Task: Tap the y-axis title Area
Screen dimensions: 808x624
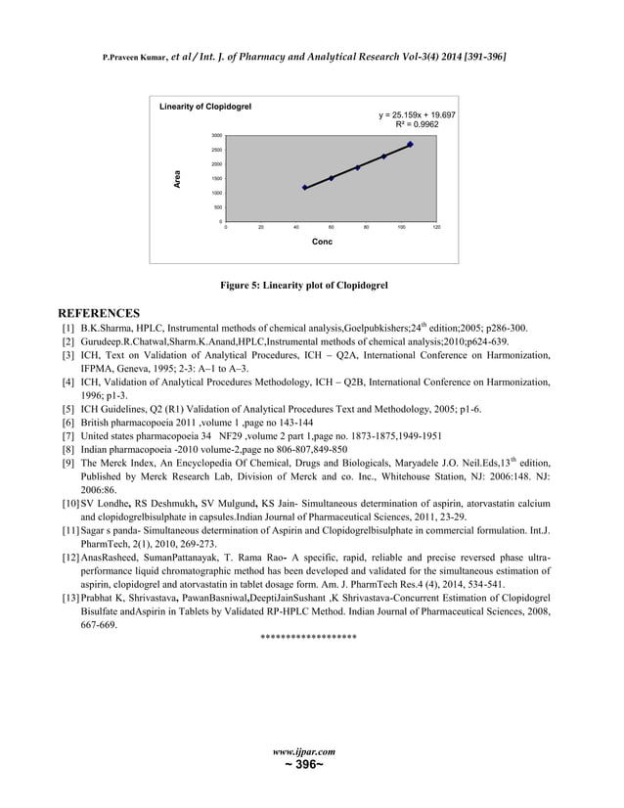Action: point(177,179)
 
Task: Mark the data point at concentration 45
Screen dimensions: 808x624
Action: point(304,187)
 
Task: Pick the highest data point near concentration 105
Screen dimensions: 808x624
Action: point(410,144)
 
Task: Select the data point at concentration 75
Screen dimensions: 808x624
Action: point(357,167)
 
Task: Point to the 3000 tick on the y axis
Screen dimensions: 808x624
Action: point(216,136)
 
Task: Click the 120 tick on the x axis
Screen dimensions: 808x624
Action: point(436,227)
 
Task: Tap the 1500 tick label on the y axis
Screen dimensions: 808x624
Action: point(216,179)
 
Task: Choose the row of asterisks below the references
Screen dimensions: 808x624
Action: point(308,639)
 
